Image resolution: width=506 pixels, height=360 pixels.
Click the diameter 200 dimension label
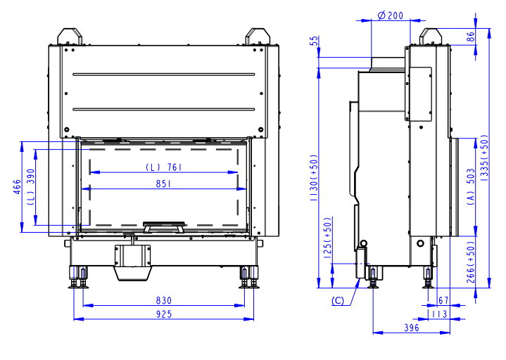391,15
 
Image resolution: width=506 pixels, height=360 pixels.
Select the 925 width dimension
163,314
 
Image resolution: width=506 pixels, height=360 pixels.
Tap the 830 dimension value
163,301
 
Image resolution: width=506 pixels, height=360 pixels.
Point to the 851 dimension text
163,184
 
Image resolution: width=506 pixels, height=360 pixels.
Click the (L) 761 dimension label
163,167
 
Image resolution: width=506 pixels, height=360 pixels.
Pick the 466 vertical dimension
17,187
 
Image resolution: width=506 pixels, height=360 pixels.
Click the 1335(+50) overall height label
484,157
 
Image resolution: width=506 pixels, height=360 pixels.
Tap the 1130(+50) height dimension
314,178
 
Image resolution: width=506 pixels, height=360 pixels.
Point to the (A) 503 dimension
471,186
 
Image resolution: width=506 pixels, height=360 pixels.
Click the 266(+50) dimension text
471,262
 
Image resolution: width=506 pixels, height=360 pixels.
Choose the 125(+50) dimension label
327,238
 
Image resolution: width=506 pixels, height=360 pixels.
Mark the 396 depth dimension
412,328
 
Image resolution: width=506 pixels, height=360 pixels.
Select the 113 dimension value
440,314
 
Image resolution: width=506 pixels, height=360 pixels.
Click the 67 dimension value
443,300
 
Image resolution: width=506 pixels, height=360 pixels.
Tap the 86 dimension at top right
471,37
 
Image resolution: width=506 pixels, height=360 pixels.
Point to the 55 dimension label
314,41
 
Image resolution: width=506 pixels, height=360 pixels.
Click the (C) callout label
338,301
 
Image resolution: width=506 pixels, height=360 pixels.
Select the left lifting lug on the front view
70,36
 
